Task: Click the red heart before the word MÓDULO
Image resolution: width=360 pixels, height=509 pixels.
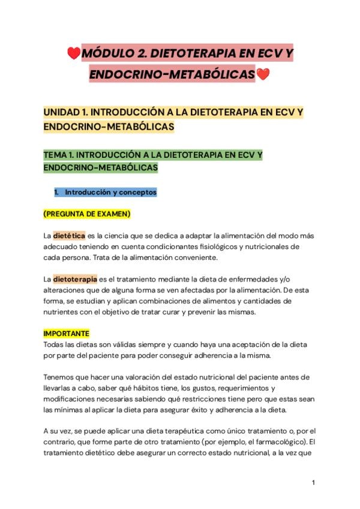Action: tap(74, 55)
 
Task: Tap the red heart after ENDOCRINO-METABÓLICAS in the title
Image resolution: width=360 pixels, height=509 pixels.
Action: tap(263, 75)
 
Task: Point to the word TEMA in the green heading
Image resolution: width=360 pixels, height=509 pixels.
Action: tap(58, 155)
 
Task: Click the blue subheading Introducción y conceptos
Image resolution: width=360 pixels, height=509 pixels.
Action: tap(111, 192)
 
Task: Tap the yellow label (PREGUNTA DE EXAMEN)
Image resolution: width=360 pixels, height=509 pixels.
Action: tap(87, 214)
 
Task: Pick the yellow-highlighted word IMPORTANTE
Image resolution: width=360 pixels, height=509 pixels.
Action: tap(66, 333)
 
